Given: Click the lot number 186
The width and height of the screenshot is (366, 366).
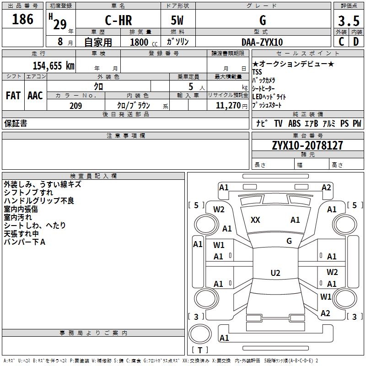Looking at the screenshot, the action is [22, 19].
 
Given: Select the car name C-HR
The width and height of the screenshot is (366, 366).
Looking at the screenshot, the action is [118, 20].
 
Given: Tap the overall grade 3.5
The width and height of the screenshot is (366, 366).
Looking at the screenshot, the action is [349, 21].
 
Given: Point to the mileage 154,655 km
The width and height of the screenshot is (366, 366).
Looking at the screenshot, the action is [54, 65].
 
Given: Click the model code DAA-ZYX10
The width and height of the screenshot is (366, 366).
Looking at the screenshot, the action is [262, 42].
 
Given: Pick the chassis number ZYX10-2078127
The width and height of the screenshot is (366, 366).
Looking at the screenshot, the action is [307, 145].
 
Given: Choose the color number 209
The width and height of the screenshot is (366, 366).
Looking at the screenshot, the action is [75, 106].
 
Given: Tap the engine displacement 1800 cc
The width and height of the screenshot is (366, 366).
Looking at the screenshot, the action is [144, 43].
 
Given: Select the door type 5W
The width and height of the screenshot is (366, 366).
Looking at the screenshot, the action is [177, 20].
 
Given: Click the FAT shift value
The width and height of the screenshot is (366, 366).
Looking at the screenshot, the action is [13, 96].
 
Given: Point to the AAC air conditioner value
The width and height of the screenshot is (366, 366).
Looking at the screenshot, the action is [35, 96].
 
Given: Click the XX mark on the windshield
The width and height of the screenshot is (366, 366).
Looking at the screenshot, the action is [255, 220].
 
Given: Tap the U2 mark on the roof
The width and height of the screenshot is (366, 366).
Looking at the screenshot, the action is [275, 273].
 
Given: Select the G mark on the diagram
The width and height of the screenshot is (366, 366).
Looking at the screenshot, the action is [289, 241].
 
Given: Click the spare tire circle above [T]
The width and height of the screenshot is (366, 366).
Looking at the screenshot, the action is [200, 334].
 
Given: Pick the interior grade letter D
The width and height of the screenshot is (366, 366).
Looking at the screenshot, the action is [356, 42].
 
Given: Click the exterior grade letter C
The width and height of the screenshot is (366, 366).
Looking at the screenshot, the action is [341, 42].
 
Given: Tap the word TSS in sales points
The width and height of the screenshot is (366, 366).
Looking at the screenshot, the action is [257, 72].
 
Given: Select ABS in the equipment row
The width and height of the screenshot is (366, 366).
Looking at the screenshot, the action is [294, 124].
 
